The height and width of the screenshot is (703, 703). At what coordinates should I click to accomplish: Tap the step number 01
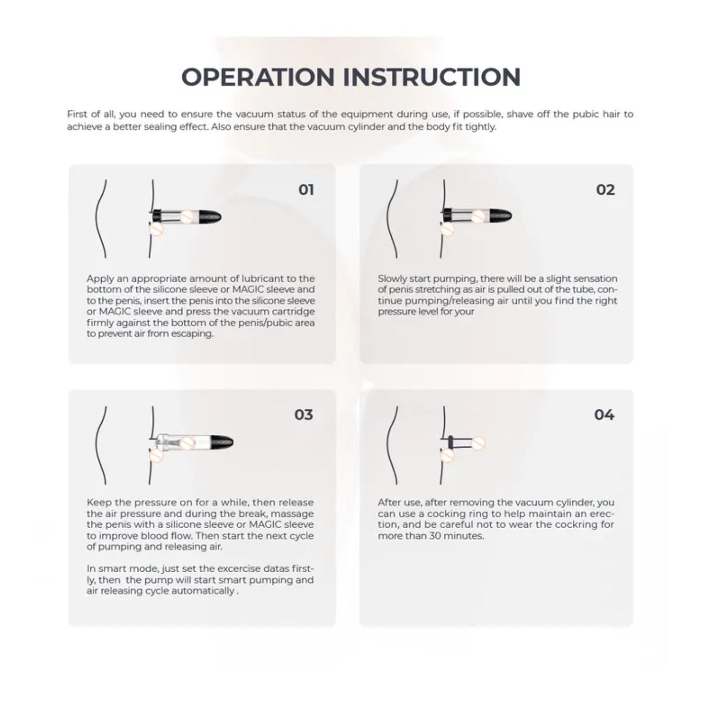306,190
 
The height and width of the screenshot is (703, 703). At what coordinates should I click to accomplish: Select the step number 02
605,190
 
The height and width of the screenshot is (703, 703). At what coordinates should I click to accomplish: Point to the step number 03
303,415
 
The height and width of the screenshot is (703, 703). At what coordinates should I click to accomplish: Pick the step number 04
604,415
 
